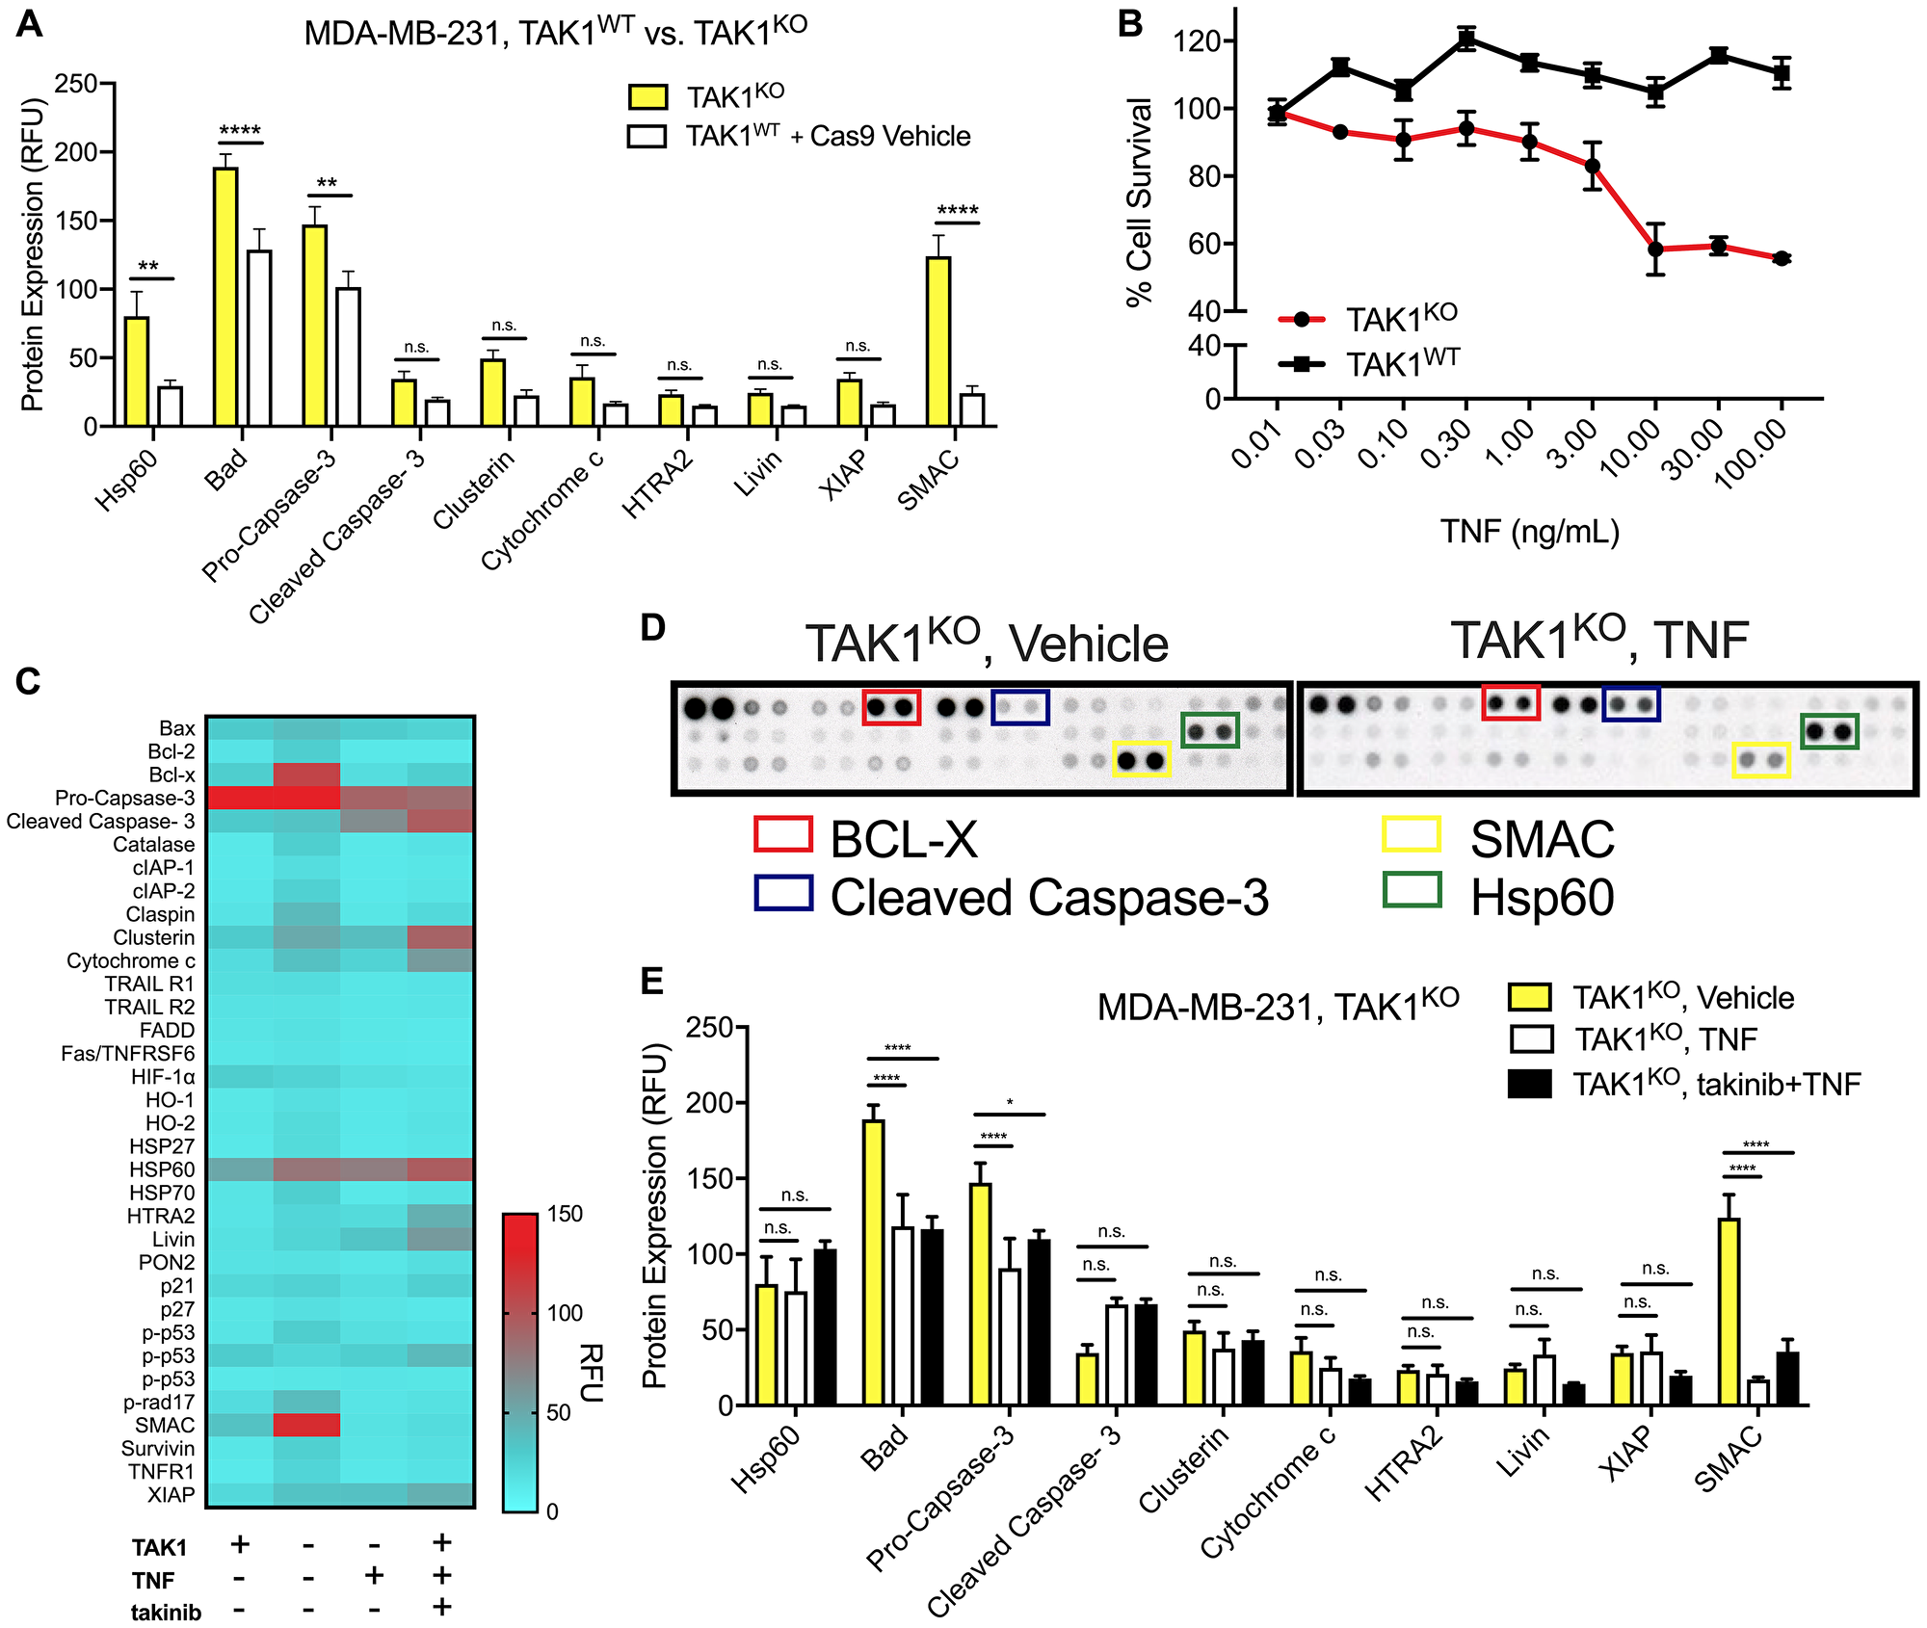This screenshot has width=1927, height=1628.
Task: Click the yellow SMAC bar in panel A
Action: coord(937,341)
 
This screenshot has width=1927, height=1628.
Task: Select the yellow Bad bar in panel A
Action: coord(225,297)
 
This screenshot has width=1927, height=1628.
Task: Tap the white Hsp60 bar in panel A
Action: coord(171,406)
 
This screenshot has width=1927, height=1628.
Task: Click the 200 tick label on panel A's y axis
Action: coord(77,152)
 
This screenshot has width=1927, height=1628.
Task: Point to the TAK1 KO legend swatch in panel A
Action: coord(647,96)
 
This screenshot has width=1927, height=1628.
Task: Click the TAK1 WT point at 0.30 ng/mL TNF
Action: coord(1465,39)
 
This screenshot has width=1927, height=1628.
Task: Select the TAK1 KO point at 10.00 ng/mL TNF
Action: coord(1655,249)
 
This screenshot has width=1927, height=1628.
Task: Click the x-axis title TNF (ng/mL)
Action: coord(1529,532)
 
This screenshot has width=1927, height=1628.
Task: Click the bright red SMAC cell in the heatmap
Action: coord(307,1425)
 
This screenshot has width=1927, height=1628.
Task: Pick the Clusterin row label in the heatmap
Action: coord(154,937)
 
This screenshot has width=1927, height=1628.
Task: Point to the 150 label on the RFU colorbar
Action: coord(566,1214)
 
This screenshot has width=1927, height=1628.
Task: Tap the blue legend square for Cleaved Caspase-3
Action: coord(783,892)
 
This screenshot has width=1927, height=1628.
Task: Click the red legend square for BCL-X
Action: coord(783,834)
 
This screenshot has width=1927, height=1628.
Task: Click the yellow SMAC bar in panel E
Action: coord(1729,1312)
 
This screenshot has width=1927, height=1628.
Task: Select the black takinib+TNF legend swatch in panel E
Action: coord(1529,1084)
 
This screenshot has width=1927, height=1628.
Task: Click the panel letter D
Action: coord(652,628)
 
